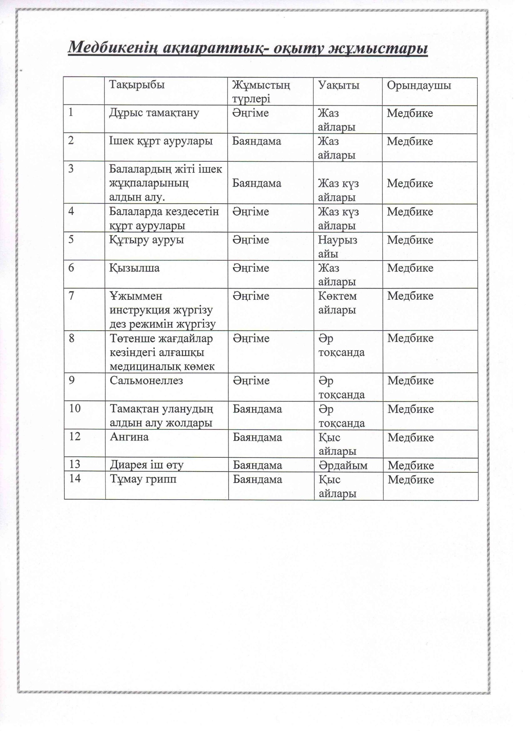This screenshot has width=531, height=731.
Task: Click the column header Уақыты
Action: click(339, 85)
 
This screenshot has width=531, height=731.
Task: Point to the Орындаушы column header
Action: click(419, 85)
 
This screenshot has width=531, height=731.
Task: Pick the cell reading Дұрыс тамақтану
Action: click(154, 113)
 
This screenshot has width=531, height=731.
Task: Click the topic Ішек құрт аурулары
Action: click(161, 141)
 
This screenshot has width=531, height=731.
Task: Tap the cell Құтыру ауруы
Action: click(147, 240)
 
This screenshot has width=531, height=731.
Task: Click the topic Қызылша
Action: click(135, 268)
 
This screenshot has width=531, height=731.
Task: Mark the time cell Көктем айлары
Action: click(337, 303)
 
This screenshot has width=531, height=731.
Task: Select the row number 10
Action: click(75, 408)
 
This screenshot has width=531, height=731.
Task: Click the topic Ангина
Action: click(129, 437)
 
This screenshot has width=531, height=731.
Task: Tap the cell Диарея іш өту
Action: click(147, 465)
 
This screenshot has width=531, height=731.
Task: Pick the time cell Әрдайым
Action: click(343, 465)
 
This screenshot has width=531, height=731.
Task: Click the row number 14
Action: click(75, 478)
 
